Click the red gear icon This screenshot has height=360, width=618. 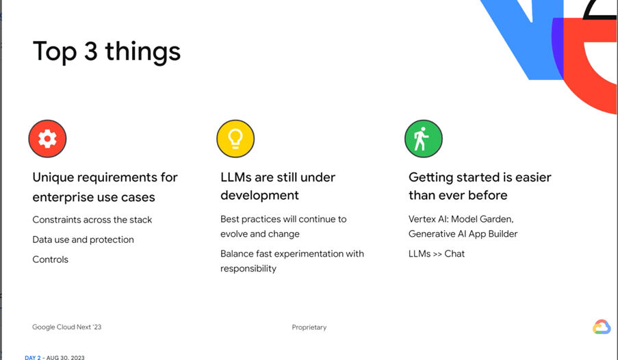pos(47,139)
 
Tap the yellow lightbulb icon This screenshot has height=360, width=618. pos(235,139)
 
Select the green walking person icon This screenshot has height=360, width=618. pos(424,139)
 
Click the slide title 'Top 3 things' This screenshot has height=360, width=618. pos(106,52)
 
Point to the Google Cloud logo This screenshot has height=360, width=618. pos(602,327)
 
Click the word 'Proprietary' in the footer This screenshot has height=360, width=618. pos(309,327)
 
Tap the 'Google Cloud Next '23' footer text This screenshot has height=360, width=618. pos(66,327)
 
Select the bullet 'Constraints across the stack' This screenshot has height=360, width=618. pos(92,220)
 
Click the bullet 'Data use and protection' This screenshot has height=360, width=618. pos(83,240)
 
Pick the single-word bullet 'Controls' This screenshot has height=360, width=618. pos(51,259)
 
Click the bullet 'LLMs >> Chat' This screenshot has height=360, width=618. pos(437,253)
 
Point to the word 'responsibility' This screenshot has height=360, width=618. pos(248,269)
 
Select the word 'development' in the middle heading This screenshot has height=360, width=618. pos(259,196)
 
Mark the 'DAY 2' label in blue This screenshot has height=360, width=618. pos(33,358)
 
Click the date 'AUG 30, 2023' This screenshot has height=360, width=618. pos(66,358)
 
